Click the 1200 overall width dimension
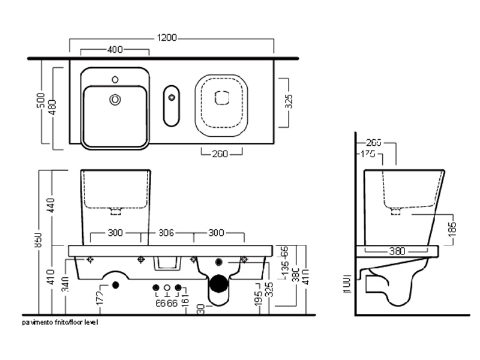(168, 38)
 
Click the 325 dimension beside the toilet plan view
(288, 102)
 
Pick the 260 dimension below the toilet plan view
(220, 154)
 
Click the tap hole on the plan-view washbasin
(115, 79)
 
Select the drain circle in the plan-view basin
(114, 100)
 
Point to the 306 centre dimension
(167, 233)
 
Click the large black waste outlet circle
(220, 282)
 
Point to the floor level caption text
(60, 322)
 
